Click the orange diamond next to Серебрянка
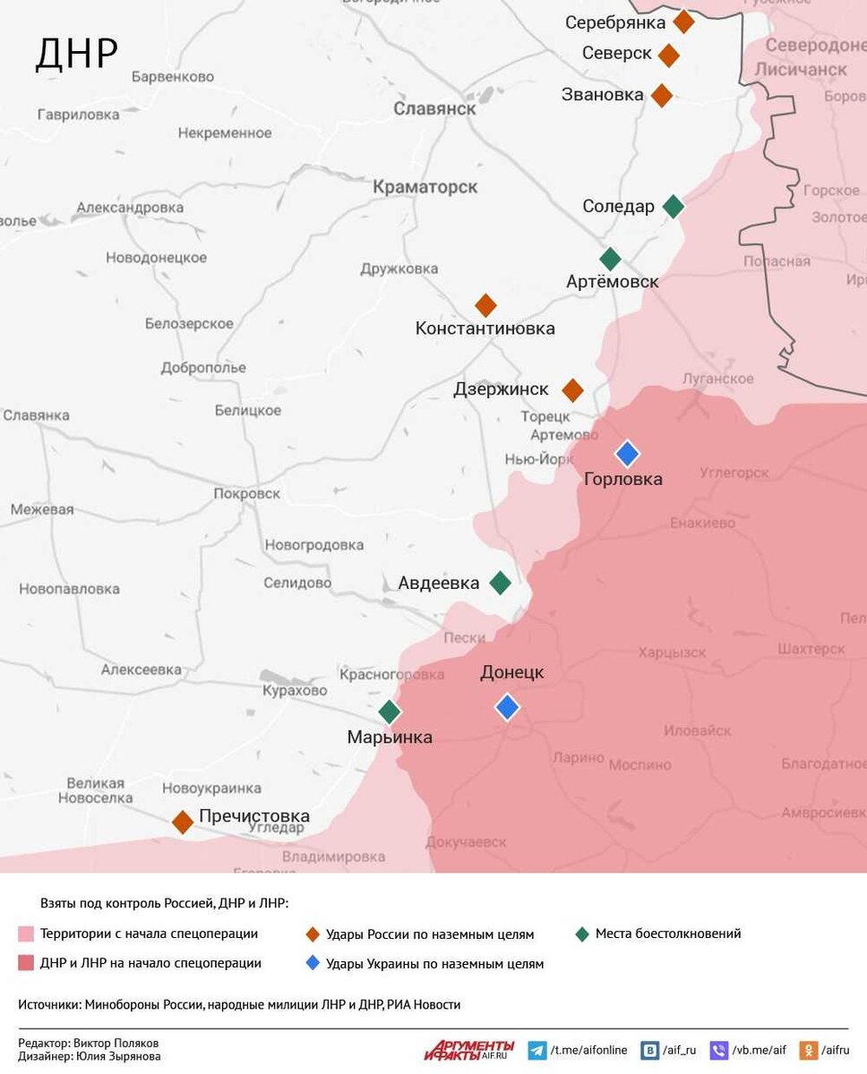(683, 21)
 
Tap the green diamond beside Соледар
(673, 207)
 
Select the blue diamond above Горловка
(627, 454)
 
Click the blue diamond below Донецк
(507, 707)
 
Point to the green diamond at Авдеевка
(500, 584)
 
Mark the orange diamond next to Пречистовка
(183, 822)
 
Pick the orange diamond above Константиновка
(485, 305)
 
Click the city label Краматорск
(425, 187)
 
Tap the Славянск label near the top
(434, 108)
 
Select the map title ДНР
(76, 54)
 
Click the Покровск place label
(246, 493)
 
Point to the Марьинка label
(389, 737)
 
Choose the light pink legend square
(26, 934)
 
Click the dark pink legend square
(26, 964)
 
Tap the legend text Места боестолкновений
(667, 933)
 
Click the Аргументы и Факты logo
(470, 1050)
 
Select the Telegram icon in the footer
(537, 1051)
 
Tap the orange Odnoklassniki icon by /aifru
(808, 1051)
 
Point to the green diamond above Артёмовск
(610, 260)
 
